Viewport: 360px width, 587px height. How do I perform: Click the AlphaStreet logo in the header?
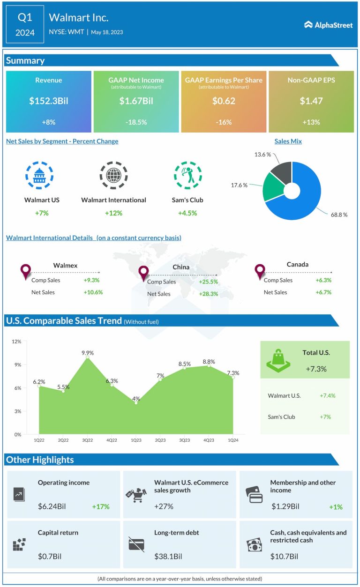pos(328,25)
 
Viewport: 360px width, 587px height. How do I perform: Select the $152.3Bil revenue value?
pos(48,101)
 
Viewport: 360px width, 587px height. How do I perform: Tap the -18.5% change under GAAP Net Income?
pos(136,122)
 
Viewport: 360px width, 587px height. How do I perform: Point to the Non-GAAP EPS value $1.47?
pos(311,101)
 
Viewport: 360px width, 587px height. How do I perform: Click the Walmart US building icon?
pos(39,175)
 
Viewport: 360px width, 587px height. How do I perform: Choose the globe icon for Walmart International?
pos(113,175)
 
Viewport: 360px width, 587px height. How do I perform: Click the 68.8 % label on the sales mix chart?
pos(338,215)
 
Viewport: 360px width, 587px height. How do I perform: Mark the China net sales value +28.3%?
pos(209,294)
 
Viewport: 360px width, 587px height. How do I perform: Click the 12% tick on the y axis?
pos(16,342)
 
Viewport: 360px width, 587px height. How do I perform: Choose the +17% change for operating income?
pos(100,506)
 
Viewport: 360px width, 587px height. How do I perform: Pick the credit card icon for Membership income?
pos(255,494)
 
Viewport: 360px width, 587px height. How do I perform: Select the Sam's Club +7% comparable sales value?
pos(325,417)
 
